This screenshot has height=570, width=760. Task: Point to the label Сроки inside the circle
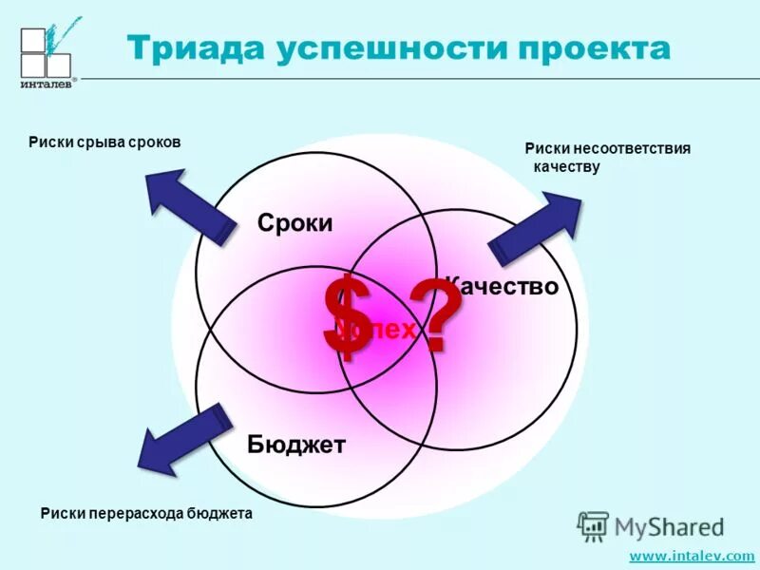pyautogui.click(x=294, y=224)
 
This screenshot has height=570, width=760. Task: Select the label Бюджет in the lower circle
pyautogui.click(x=296, y=444)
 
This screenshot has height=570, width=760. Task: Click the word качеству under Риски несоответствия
pyautogui.click(x=567, y=167)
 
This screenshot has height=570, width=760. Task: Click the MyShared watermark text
pyautogui.click(x=670, y=526)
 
